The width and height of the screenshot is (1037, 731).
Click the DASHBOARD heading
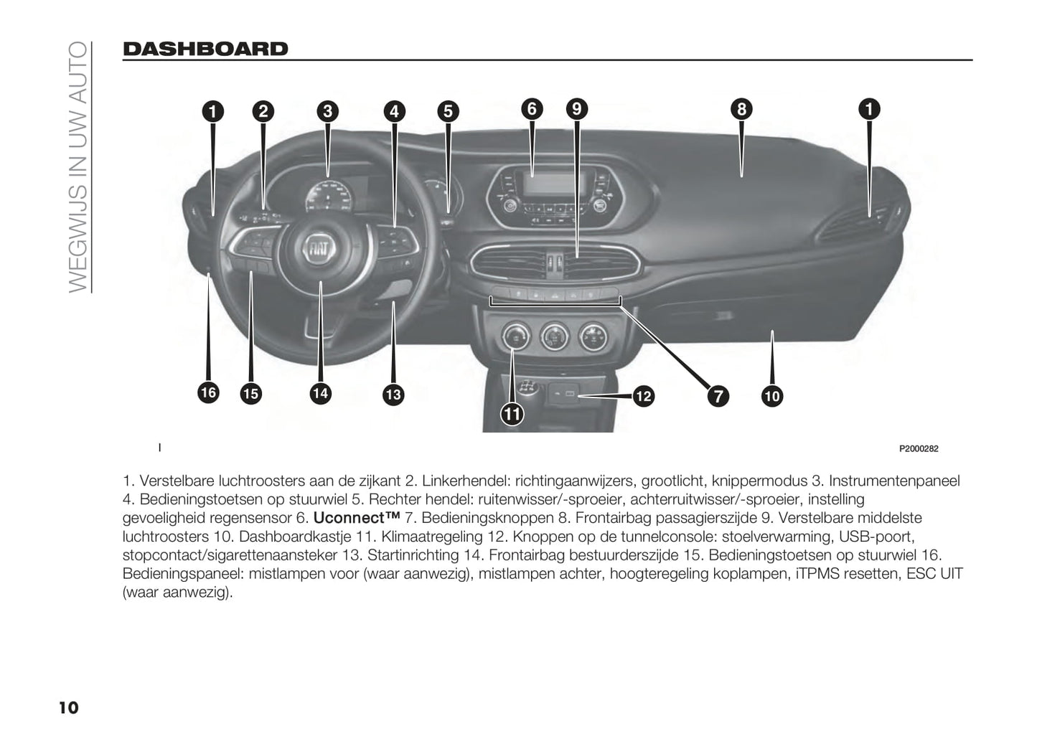click(205, 49)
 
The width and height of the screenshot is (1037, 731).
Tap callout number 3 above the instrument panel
click(328, 111)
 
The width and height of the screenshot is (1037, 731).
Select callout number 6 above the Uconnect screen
click(532, 109)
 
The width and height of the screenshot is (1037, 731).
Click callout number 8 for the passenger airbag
click(741, 109)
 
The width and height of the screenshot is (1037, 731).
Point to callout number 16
click(208, 393)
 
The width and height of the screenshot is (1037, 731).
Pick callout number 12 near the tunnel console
click(644, 397)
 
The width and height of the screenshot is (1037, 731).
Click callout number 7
click(718, 397)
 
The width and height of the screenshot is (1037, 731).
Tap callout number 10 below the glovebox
click(772, 397)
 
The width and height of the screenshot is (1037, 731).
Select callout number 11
click(512, 414)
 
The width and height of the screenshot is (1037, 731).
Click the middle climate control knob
click(555, 336)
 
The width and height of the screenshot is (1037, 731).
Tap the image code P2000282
click(919, 449)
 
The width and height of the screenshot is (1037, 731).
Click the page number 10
click(68, 708)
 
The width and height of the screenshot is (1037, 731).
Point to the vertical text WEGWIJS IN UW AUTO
click(78, 167)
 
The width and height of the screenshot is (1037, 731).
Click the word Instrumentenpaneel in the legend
click(894, 481)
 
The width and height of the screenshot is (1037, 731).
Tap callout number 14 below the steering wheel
click(320, 394)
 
